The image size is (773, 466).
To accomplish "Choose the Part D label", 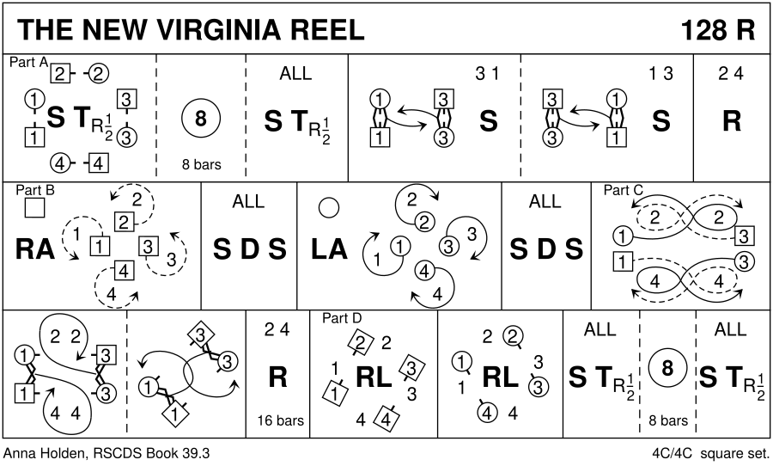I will (342, 318).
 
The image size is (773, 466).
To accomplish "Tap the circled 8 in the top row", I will (200, 120).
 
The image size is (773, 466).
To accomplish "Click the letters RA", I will (35, 248).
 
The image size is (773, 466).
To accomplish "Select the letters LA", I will (329, 248).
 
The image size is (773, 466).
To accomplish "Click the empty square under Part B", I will (33, 208).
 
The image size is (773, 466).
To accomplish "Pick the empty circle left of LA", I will (328, 207).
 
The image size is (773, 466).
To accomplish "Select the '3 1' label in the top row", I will (487, 74).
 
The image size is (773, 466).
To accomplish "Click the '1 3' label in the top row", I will (660, 74).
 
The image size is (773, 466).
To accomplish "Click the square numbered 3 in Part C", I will (745, 236).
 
